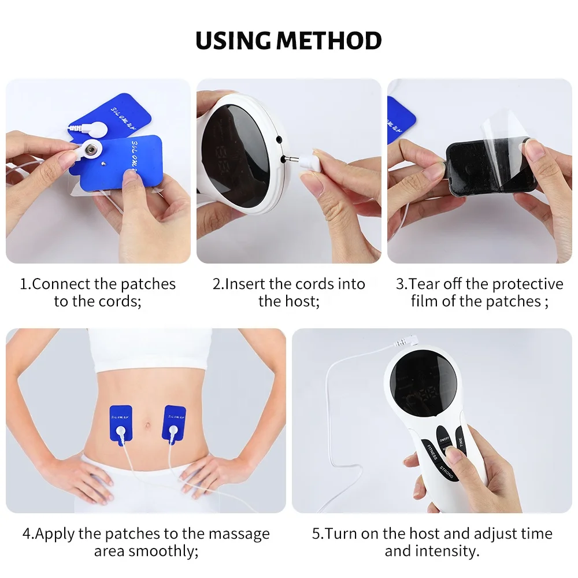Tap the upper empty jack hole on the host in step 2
[279, 140]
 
